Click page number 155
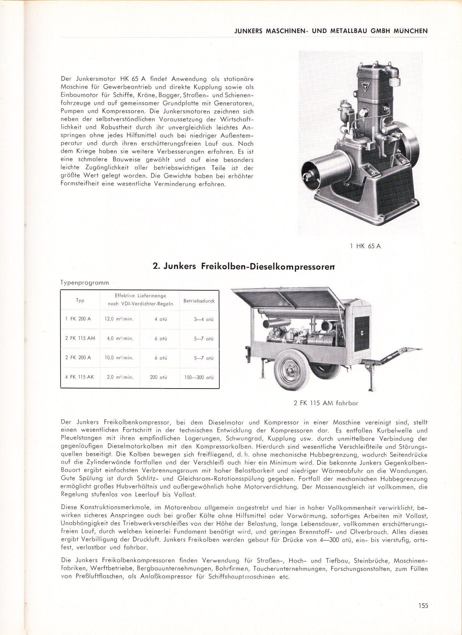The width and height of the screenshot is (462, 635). pos(423,605)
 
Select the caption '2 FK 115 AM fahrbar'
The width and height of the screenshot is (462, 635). pos(326,403)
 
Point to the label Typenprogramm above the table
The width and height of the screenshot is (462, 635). pos(85,283)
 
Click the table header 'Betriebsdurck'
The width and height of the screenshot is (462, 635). pos(199,300)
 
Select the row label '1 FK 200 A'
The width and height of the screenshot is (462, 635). pos(78,319)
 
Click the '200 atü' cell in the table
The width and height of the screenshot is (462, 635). pos(158,377)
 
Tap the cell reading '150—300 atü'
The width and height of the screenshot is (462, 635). pos(199,377)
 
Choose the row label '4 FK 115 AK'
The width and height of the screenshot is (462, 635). pos(79,377)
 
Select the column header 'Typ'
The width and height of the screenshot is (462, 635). pos(80,300)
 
